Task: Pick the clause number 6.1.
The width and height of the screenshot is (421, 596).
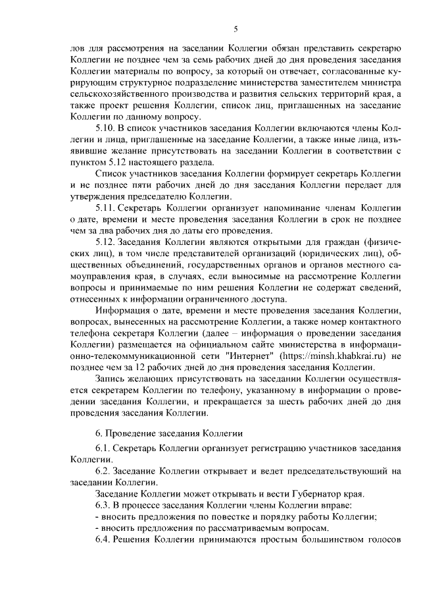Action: pos(104,448)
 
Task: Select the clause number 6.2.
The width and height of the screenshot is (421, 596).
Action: pos(104,472)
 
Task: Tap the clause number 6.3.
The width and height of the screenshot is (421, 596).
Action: pos(104,504)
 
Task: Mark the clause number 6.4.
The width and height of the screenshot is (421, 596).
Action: pos(104,540)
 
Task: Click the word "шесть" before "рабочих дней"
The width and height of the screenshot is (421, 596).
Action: pos(299,402)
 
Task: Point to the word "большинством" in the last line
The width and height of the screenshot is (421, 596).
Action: pos(334,540)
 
